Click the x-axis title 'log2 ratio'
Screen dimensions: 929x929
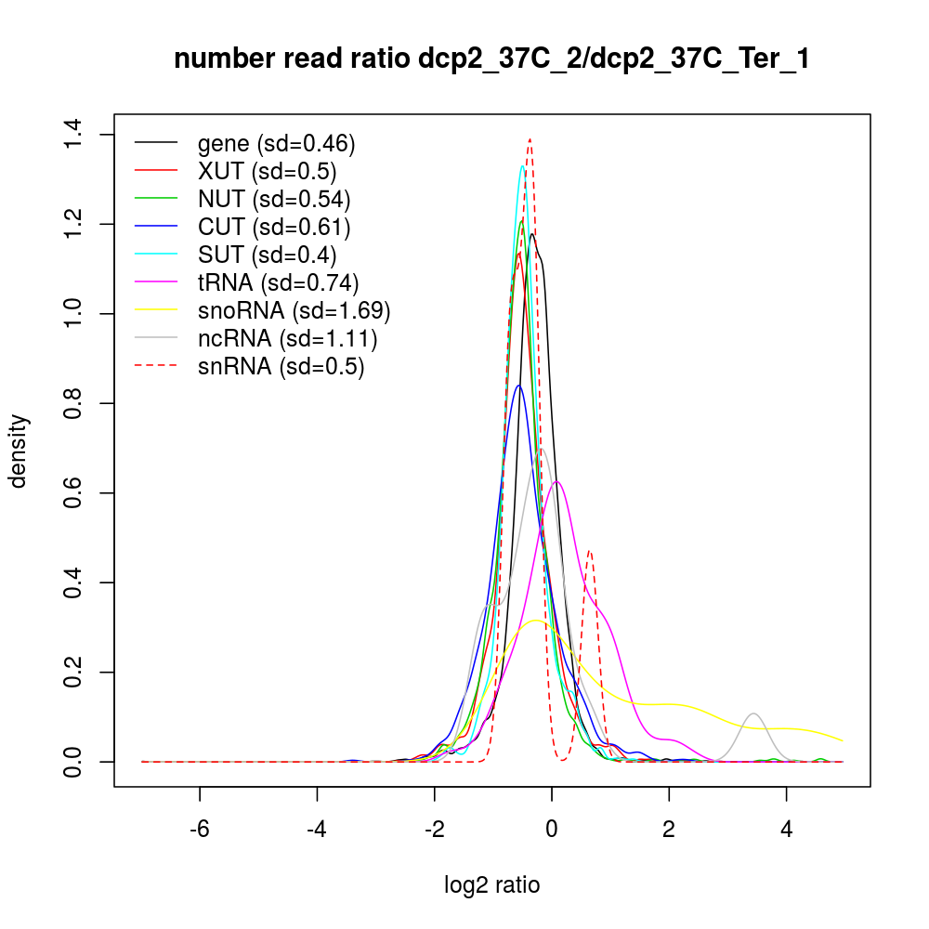tap(491, 885)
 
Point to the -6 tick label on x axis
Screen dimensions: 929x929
tap(200, 830)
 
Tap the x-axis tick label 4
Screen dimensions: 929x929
tap(787, 830)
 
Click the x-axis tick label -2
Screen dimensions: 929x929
tap(434, 830)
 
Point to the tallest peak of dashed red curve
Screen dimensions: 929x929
tap(530, 138)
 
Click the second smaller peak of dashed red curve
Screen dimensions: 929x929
tap(589, 551)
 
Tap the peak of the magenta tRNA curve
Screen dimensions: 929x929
tap(556, 481)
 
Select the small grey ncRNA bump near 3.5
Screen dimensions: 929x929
tap(754, 713)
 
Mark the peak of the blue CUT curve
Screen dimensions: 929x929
tap(519, 386)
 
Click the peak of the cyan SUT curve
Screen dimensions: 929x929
tap(523, 166)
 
